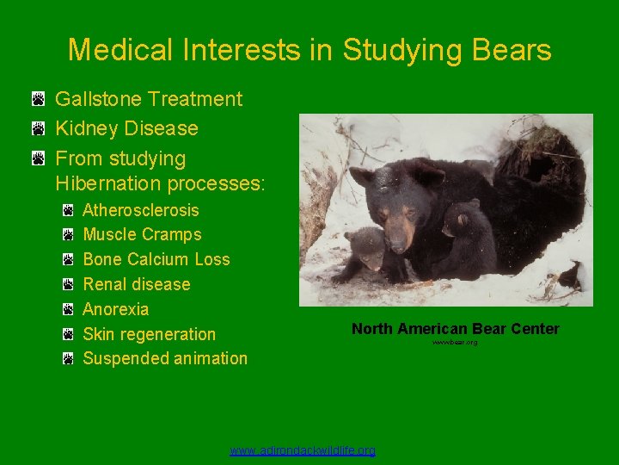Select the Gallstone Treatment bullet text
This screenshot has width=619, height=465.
coord(149,99)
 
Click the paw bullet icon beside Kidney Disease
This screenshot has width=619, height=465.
coord(39,129)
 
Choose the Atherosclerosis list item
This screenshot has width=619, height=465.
coord(140,210)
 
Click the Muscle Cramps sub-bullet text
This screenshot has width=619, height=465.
coord(142,234)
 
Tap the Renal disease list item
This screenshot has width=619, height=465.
coord(136,284)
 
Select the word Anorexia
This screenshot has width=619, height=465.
coord(115,309)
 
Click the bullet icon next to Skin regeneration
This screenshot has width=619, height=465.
coord(69,334)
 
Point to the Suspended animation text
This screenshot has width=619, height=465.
coord(164,358)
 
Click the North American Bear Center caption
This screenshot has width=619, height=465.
coord(455,329)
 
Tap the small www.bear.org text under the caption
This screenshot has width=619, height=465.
coord(455,343)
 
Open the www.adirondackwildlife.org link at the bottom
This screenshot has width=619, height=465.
coord(303,450)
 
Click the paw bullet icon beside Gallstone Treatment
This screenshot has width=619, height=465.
coord(39,100)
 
